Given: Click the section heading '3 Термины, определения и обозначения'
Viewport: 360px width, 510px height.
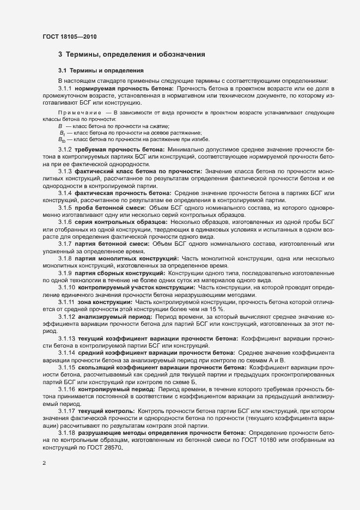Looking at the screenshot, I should click(x=131, y=54).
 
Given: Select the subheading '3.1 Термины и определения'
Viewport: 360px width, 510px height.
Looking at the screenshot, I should click(x=93, y=71).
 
